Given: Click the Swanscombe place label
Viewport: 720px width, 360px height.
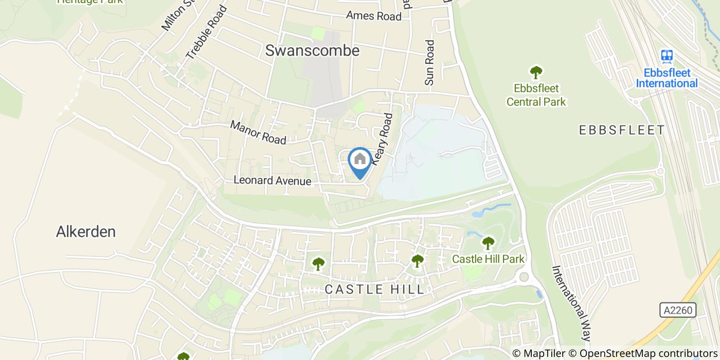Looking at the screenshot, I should click(312, 50).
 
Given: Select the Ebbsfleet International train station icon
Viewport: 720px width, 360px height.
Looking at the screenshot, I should click(667, 56).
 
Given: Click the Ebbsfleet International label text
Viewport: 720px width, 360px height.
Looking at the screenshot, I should click(667, 78).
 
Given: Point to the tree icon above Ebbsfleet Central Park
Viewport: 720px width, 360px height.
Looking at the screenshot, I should click(536, 72).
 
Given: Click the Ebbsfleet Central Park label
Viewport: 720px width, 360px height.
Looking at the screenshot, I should click(536, 95).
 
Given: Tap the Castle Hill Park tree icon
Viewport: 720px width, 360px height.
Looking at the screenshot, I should click(488, 242).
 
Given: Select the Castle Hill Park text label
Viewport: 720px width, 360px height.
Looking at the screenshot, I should click(488, 259).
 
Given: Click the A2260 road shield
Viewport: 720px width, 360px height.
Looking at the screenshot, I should click(677, 310).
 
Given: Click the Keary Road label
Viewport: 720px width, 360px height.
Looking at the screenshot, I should click(383, 139).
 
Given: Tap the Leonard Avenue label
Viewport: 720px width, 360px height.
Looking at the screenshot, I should click(272, 181).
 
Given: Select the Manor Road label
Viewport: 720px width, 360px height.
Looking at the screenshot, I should click(258, 132).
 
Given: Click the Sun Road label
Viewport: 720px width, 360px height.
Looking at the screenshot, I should click(429, 63).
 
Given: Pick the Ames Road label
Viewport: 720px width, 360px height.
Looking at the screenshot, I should click(373, 16).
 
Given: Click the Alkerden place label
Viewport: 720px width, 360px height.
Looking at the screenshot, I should click(85, 232).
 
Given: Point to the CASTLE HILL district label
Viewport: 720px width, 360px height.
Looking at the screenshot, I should click(375, 290).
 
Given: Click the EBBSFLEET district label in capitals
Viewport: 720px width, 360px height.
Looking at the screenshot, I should click(622, 130).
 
